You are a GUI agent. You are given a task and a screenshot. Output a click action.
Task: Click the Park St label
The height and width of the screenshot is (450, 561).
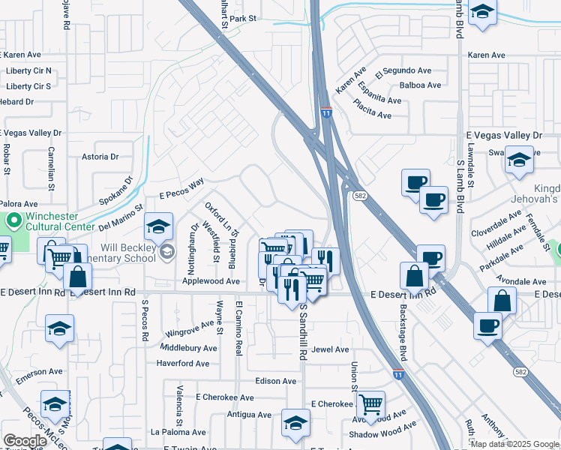click(244, 18)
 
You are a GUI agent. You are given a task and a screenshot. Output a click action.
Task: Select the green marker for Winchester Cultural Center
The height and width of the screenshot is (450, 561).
click(13, 222)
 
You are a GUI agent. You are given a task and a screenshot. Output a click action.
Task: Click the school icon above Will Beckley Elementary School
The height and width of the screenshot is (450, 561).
click(159, 226)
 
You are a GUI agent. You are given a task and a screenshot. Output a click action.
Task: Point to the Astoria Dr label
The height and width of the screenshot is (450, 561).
click(100, 157)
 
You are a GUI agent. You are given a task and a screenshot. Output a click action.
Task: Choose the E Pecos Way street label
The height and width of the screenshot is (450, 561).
click(181, 189)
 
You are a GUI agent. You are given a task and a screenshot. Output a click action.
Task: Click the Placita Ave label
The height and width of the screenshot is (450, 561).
click(373, 115)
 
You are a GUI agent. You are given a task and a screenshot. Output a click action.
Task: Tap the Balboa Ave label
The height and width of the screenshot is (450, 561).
click(420, 85)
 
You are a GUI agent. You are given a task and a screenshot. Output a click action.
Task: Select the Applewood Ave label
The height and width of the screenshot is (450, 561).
click(211, 282)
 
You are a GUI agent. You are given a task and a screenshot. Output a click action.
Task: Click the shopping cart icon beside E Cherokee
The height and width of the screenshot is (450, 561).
click(371, 403)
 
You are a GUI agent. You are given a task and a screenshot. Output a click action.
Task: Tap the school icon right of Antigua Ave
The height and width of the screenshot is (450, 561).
click(295, 422)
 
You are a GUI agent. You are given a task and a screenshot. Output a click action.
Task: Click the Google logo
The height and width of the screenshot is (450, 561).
click(25, 440)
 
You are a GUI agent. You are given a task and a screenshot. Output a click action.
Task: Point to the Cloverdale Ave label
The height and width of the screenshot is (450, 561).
click(496, 223)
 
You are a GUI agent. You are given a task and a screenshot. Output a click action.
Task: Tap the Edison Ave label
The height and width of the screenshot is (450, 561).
click(275, 381)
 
